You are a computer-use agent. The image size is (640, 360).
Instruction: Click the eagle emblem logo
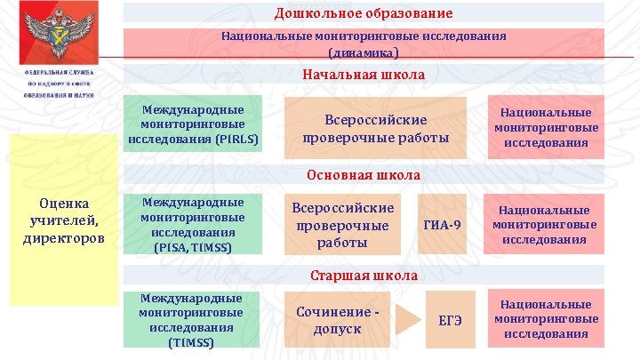click(x=60, y=34)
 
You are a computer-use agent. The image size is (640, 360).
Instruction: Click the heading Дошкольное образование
click(x=363, y=13)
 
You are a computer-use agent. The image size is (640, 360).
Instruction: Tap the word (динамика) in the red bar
click(x=363, y=52)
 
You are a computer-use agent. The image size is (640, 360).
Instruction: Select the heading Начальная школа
click(x=363, y=76)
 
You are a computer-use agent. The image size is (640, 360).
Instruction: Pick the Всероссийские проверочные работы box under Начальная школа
click(x=375, y=128)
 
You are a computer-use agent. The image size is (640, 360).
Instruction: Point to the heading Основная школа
click(x=363, y=175)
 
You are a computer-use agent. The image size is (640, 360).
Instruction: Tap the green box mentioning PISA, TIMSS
click(x=194, y=224)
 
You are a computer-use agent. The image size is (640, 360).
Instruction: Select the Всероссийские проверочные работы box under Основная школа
click(x=342, y=224)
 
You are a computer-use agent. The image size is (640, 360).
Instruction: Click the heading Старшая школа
click(x=363, y=275)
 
